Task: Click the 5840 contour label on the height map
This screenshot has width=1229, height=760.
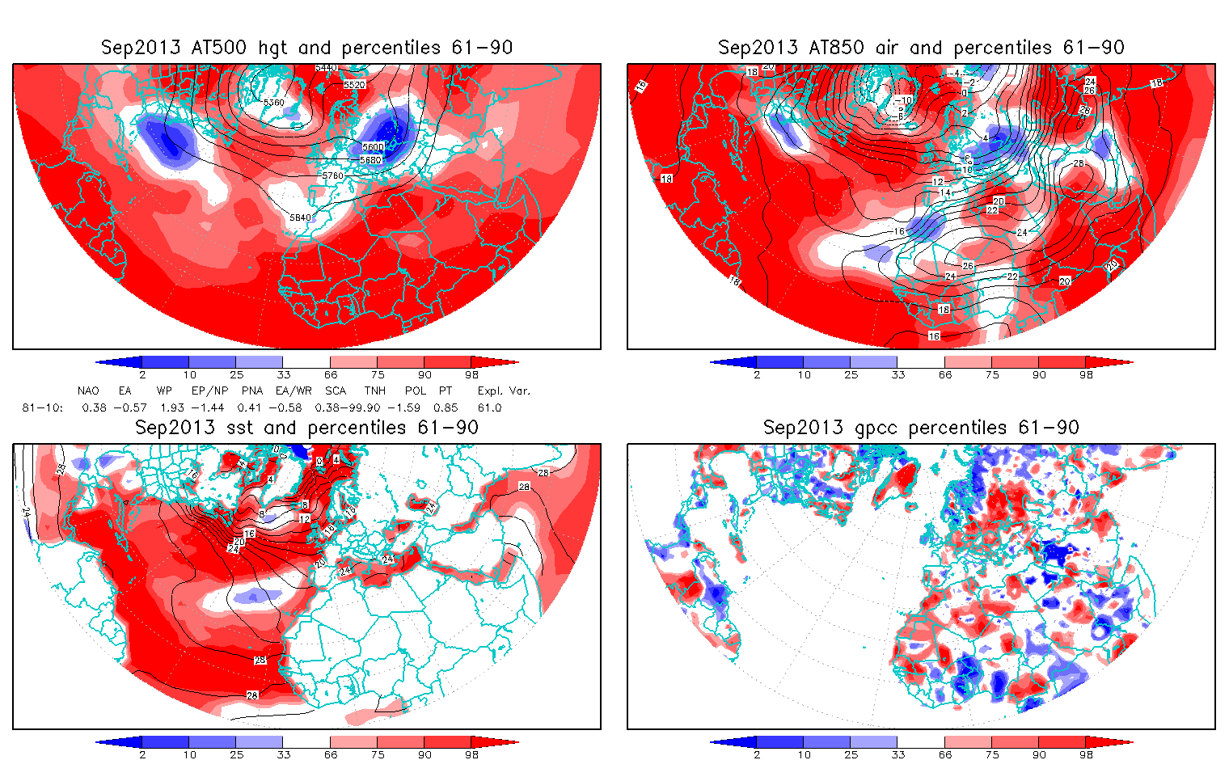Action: point(300,217)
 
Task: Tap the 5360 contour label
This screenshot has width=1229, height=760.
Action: point(274,103)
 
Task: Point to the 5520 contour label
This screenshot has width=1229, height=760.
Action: point(354,84)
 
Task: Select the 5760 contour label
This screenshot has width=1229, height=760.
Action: point(332,175)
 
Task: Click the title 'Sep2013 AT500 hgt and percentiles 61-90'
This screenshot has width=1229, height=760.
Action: point(306,48)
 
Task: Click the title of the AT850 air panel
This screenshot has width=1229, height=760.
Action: point(921,48)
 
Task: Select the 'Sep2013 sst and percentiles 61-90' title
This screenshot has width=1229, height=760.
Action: point(306,428)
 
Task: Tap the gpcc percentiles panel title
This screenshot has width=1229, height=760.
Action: point(921,428)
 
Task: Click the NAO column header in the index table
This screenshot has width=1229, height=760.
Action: point(88,391)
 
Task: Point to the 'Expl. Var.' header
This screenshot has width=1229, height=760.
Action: point(504,391)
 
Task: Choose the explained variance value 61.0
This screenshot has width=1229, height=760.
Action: point(489,407)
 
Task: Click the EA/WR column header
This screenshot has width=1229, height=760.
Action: point(294,391)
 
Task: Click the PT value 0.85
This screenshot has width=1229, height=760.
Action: point(446,407)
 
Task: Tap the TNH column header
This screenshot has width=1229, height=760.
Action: point(374,391)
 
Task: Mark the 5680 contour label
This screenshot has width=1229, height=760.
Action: point(370,160)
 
